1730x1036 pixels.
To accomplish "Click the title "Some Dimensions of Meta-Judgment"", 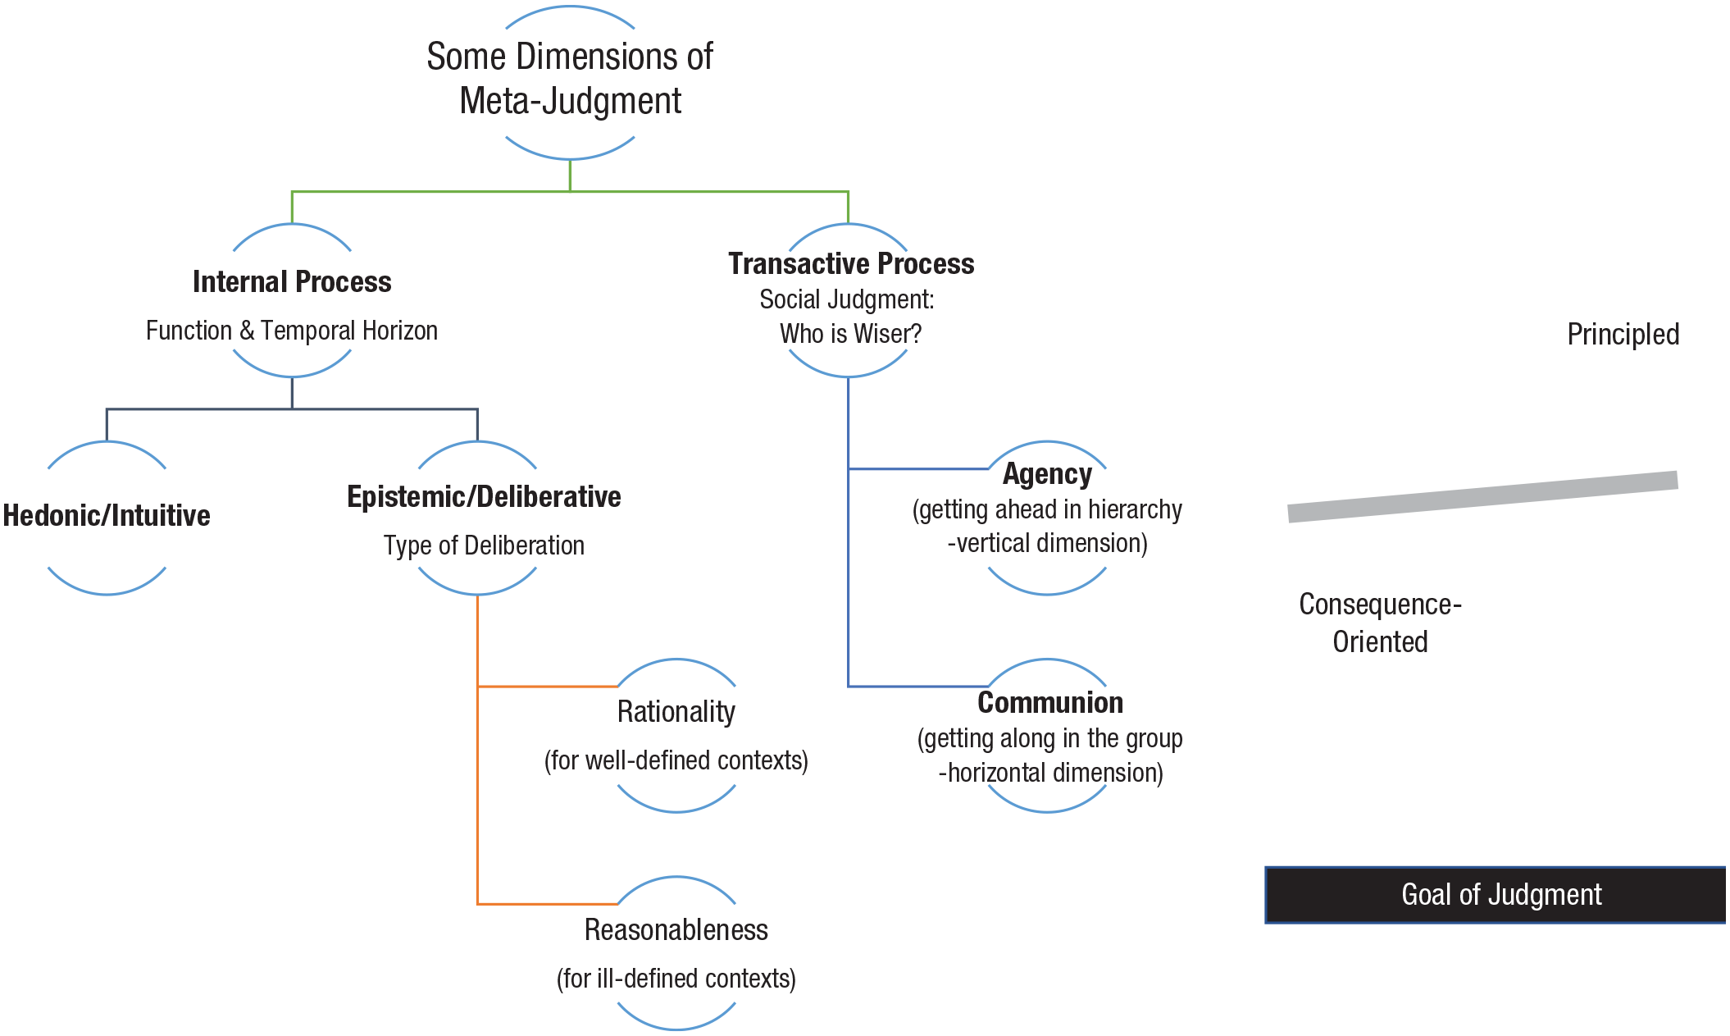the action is [x=570, y=79].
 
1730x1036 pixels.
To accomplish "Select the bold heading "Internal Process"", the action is [x=292, y=281].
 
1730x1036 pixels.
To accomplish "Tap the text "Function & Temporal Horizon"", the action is [x=292, y=331].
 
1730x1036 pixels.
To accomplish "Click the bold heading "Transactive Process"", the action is [x=851, y=263].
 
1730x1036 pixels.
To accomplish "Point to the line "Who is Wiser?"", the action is [x=851, y=334].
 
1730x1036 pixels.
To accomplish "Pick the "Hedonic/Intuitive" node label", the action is [x=107, y=515].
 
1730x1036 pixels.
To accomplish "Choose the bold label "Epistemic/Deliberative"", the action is [x=484, y=496].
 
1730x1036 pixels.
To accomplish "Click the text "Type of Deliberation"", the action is [x=484, y=545].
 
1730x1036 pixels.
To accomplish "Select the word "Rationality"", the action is [x=676, y=711].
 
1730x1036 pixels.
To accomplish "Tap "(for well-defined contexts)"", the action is [x=676, y=760].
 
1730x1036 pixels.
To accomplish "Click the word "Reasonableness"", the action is [x=676, y=929].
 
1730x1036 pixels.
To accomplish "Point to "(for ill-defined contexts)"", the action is [x=676, y=979].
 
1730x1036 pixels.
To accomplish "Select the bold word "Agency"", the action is [x=1047, y=474].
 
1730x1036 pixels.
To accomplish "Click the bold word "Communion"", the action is [x=1050, y=702].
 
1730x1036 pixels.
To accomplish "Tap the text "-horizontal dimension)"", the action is [x=1050, y=773].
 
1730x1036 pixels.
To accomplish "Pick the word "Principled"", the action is [x=1623, y=335].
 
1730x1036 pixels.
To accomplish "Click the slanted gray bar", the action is [x=1482, y=496].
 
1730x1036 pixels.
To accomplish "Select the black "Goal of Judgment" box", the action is [x=1497, y=895].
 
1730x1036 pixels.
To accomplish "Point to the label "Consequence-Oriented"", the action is [x=1381, y=623].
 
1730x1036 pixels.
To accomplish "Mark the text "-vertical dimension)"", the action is [x=1047, y=543].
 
